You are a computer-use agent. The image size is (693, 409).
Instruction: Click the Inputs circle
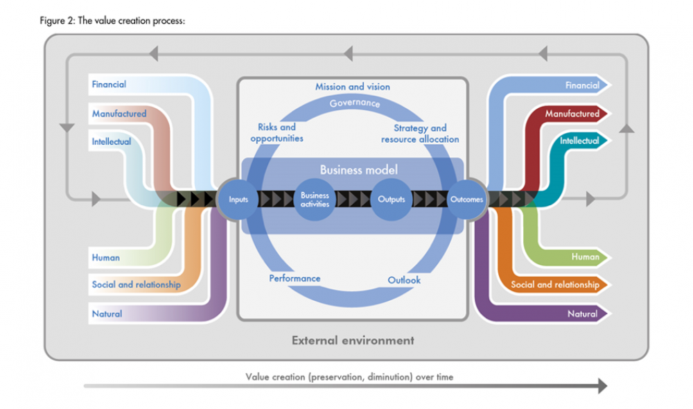(x=238, y=200)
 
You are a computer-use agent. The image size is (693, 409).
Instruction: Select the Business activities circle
(x=315, y=200)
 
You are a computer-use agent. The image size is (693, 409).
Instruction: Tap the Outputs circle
(x=392, y=200)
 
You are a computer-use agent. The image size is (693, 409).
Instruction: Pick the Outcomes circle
(x=466, y=200)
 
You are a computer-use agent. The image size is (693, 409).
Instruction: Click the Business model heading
(x=353, y=170)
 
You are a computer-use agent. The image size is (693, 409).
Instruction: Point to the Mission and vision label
(x=353, y=87)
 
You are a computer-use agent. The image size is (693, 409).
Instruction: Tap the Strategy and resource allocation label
(x=420, y=133)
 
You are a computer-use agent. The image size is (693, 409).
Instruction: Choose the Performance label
(x=295, y=279)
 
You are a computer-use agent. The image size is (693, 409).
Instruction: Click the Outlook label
(x=404, y=280)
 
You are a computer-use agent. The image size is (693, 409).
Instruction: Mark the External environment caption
(x=353, y=340)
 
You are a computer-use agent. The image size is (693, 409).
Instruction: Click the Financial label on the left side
(x=109, y=85)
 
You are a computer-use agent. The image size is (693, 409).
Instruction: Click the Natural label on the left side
(x=107, y=314)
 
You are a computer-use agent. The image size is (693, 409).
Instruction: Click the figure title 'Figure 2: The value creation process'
(x=112, y=21)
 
